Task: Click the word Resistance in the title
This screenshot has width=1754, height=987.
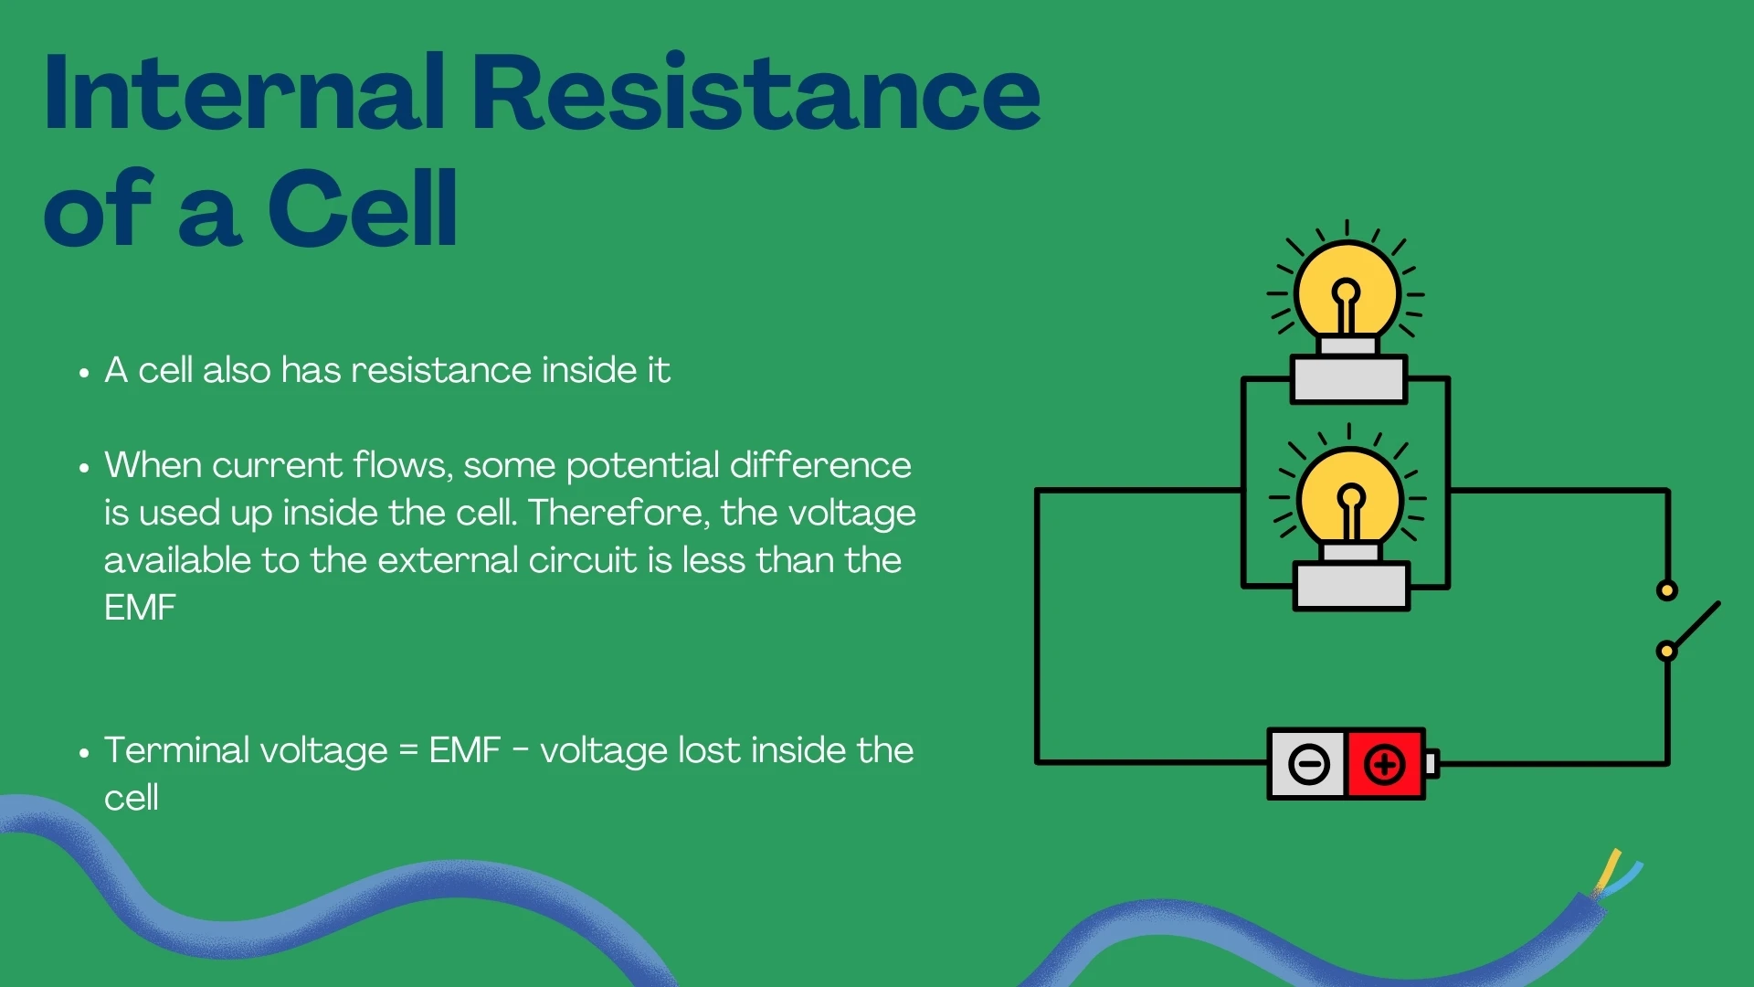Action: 756,93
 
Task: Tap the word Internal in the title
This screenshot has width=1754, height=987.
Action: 245,93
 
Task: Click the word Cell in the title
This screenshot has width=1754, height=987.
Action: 363,210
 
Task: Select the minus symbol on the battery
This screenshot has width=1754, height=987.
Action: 1308,764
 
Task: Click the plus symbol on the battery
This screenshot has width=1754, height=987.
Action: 1384,764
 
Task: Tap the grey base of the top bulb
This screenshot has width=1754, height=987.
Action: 1348,379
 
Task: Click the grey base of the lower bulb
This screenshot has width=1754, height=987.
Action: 1351,587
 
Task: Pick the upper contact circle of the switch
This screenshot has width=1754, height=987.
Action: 1666,590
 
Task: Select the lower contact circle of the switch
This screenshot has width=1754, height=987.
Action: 1666,652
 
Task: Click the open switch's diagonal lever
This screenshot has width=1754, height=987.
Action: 1696,625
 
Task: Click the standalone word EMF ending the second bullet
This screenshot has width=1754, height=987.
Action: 140,608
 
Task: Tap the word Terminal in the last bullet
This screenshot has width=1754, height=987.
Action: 176,750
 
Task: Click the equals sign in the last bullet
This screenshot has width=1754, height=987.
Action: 408,751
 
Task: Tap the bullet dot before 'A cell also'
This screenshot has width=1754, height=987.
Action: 84,373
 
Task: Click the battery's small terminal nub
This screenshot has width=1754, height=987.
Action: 1432,764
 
